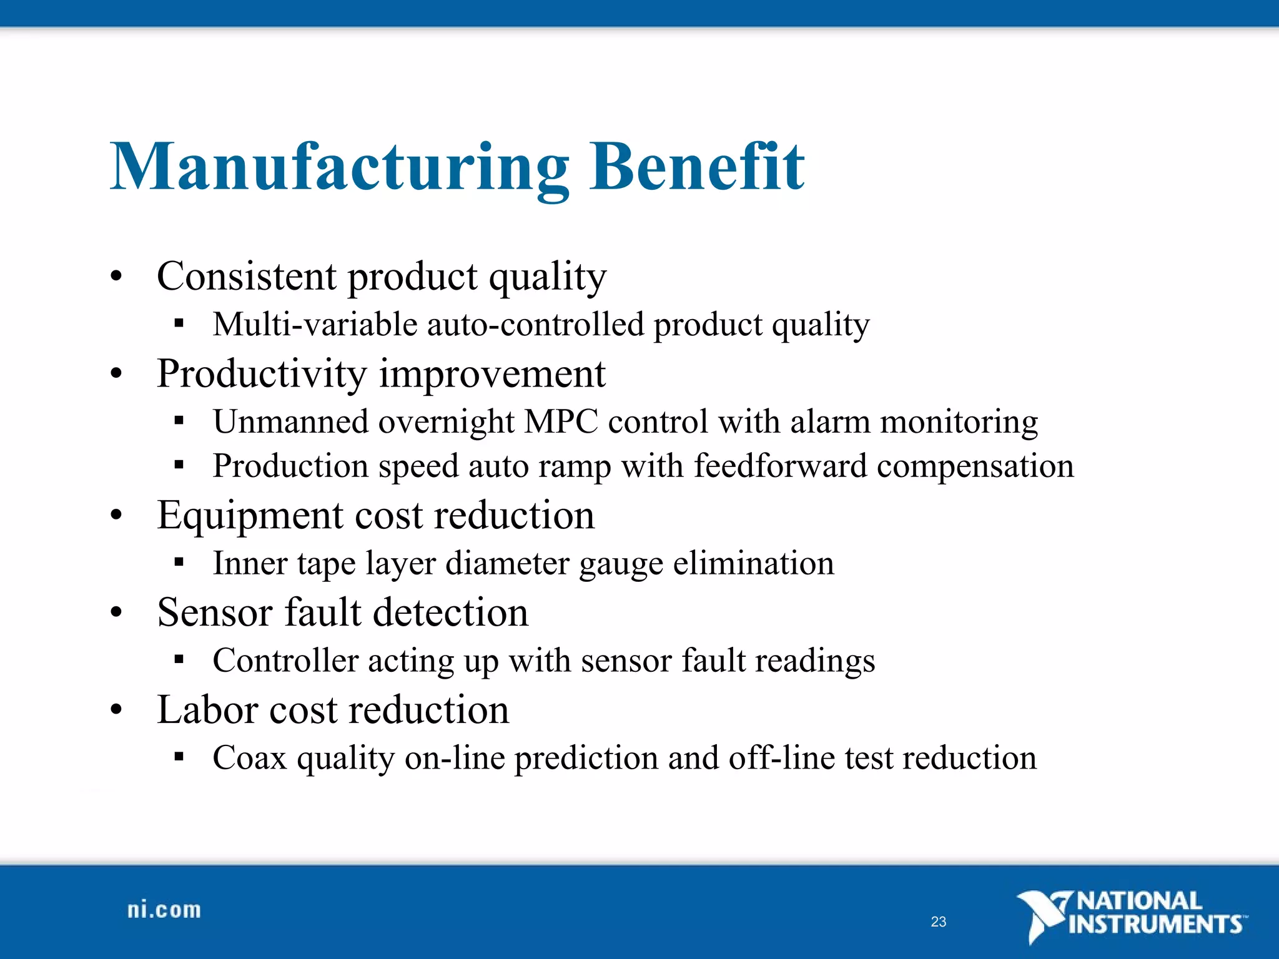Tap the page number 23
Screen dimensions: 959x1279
tap(938, 922)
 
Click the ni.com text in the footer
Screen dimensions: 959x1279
tap(164, 910)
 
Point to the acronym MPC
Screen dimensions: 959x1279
tap(561, 421)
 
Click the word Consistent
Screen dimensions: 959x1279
tap(247, 276)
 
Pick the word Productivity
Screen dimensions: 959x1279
tap(262, 373)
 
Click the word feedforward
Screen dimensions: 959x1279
tap(780, 466)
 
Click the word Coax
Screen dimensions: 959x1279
tap(249, 758)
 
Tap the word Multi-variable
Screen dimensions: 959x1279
tap(315, 325)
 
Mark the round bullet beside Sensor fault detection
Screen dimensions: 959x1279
tap(116, 613)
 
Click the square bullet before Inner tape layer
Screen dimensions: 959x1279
tap(179, 562)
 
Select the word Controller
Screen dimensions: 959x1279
tap(285, 661)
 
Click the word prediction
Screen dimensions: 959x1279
tap(585, 758)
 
